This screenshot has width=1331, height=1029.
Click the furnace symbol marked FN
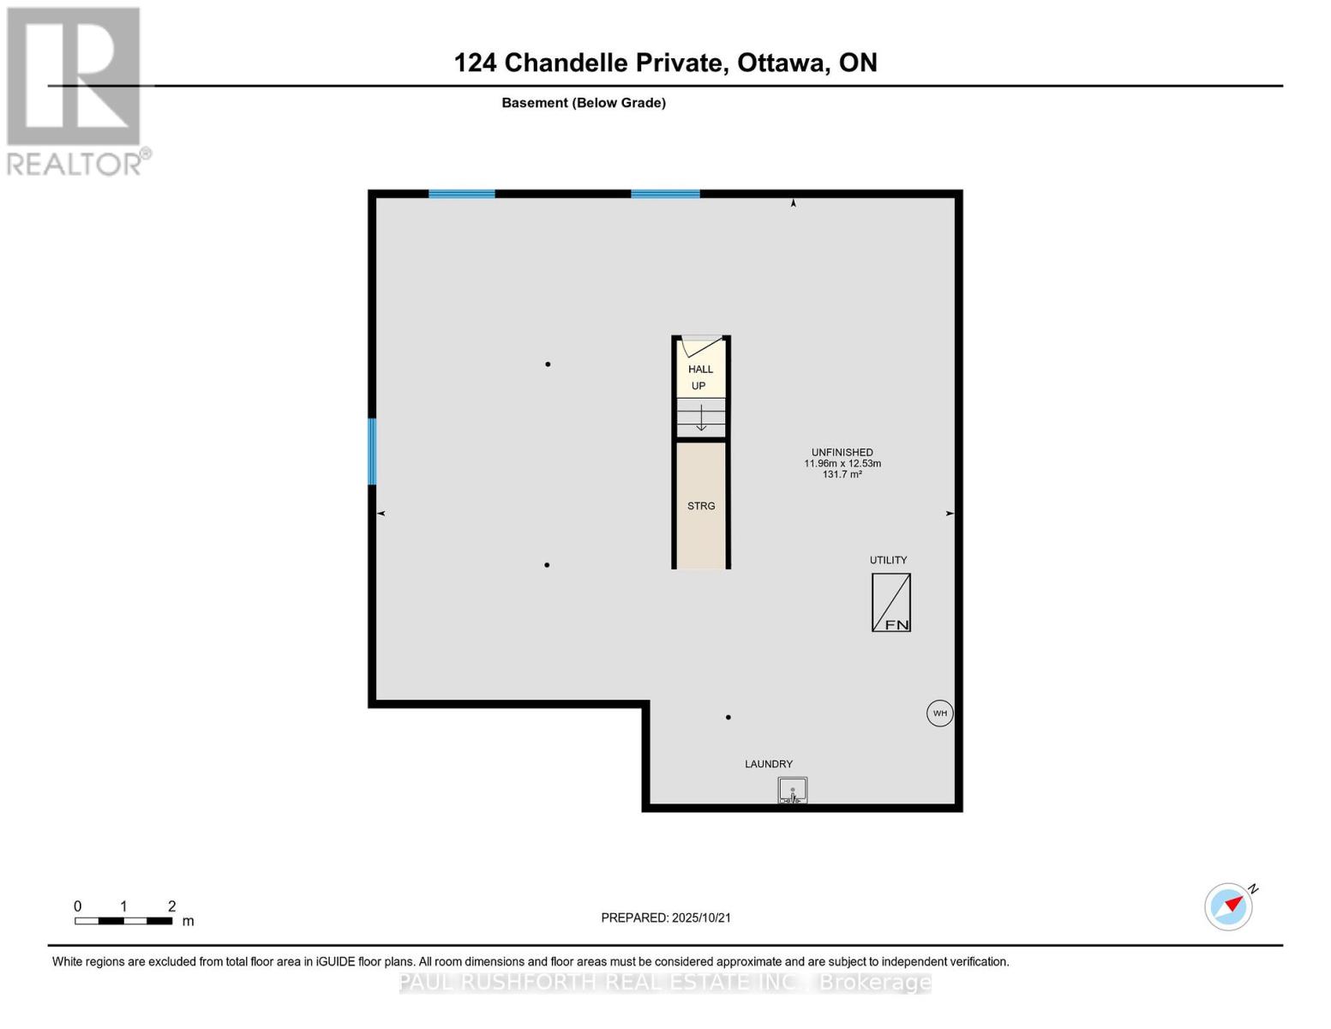(890, 603)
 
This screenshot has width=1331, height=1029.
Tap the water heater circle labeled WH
(939, 713)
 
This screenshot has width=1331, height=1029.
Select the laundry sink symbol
(792, 790)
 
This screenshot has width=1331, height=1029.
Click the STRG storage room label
(700, 506)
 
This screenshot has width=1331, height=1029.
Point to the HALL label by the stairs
(700, 370)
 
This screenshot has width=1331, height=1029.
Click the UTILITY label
(888, 560)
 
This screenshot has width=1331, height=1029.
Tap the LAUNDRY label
(768, 764)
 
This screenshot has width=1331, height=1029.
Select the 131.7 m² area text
(842, 474)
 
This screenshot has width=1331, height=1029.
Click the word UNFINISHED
(842, 453)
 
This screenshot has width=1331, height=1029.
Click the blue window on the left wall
(372, 451)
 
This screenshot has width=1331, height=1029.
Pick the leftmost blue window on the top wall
(461, 194)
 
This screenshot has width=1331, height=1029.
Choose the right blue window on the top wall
(665, 194)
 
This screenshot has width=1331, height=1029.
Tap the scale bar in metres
(123, 921)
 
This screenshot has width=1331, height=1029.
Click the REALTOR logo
(75, 90)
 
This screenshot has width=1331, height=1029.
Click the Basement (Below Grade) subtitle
(583, 103)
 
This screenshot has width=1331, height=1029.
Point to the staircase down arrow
(701, 418)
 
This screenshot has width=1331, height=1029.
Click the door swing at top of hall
(702, 347)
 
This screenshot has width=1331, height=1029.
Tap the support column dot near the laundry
(728, 718)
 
